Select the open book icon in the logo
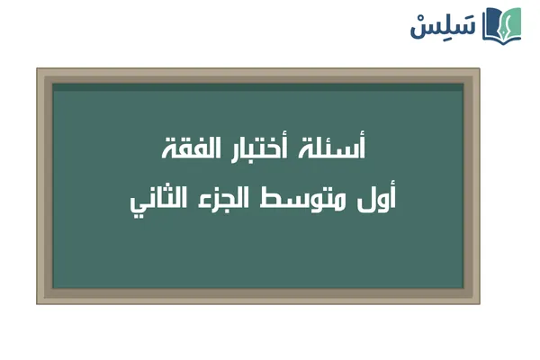click(501, 24)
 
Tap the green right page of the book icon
click(513, 27)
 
